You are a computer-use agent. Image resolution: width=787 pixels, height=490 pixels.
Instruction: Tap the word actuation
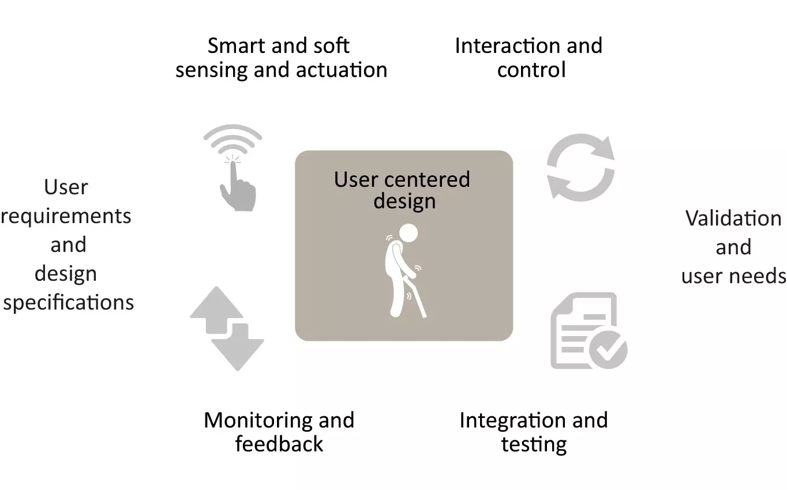pos(342,70)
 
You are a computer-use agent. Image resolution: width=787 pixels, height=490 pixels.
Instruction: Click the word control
pos(531,70)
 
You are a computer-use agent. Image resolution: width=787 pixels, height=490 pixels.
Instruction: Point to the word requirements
pos(66,217)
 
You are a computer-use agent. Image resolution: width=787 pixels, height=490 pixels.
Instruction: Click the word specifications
pos(69,303)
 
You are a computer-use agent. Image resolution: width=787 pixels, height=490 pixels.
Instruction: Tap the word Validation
pos(733,218)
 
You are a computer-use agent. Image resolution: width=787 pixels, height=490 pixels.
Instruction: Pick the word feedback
pos(279,444)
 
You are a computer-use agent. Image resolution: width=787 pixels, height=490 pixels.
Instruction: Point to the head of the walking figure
pos(409,233)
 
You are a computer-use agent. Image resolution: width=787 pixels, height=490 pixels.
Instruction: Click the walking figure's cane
pos(417,297)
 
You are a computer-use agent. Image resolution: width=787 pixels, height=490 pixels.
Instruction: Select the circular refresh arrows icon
pos(581,167)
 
